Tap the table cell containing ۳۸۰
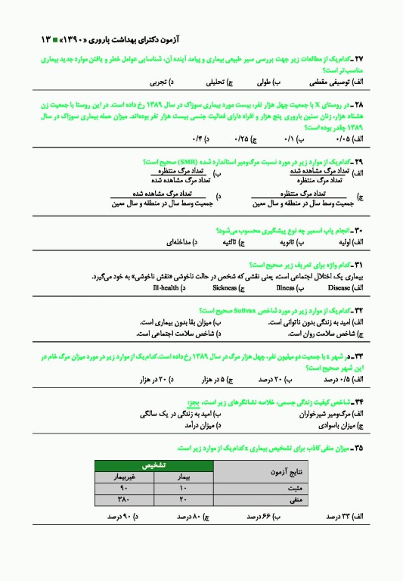[x=125, y=500]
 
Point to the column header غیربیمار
[x=125, y=477]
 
